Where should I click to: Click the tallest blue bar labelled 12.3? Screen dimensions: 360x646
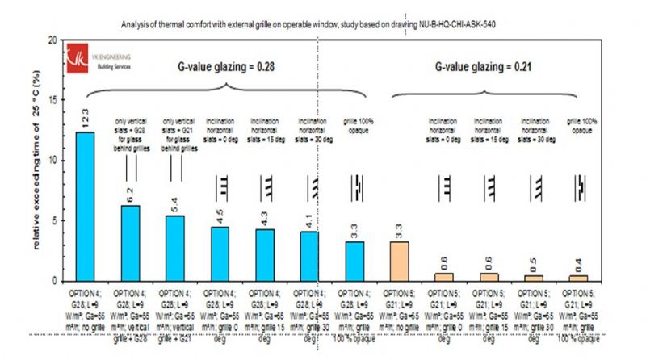(x=85, y=207)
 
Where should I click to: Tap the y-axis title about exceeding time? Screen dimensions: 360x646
(x=36, y=161)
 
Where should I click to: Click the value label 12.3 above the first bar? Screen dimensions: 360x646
(x=85, y=119)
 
